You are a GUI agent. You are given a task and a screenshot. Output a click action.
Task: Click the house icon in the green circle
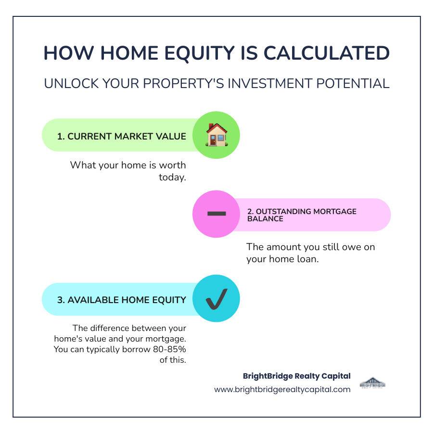point(216,135)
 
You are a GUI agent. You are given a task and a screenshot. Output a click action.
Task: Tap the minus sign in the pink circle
point(216,214)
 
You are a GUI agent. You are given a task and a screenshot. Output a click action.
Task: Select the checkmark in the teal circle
point(216,299)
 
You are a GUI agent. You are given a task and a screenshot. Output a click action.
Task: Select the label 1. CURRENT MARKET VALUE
point(122,136)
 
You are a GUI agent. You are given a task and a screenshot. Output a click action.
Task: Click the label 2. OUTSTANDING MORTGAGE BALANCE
point(302,215)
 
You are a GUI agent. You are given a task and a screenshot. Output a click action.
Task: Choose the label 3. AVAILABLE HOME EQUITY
point(122,300)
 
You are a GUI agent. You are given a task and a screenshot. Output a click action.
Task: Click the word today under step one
point(172,177)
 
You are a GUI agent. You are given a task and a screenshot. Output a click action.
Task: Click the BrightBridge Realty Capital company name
point(296,376)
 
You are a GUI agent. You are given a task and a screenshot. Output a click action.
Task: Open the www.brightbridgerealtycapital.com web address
point(282,389)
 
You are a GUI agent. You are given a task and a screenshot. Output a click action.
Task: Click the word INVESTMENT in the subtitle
point(255,83)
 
